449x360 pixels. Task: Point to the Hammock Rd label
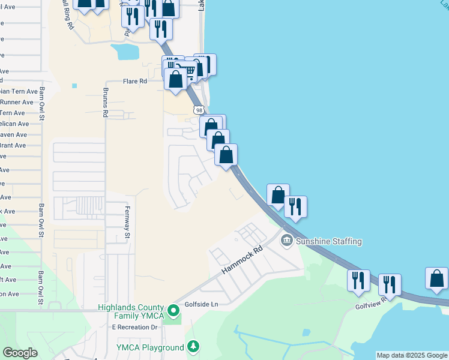coord(242,260)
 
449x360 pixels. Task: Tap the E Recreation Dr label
coord(134,327)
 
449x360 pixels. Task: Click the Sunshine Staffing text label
coord(329,241)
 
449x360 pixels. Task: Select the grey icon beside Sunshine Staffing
coord(287,241)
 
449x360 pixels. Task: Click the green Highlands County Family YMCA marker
coord(173,310)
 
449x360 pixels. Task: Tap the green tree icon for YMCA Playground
coord(193,347)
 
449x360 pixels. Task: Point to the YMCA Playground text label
coord(150,348)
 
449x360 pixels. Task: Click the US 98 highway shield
coord(199,110)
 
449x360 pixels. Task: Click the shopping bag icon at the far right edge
coord(437,279)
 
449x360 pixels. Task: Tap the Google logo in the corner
coord(20,353)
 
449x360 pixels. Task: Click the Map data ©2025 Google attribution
coord(412,355)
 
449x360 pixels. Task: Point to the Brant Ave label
coord(13,145)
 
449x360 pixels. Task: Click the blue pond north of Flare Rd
coord(127,52)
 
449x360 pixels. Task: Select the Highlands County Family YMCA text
coord(130,311)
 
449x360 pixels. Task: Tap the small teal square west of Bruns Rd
coord(74,86)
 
